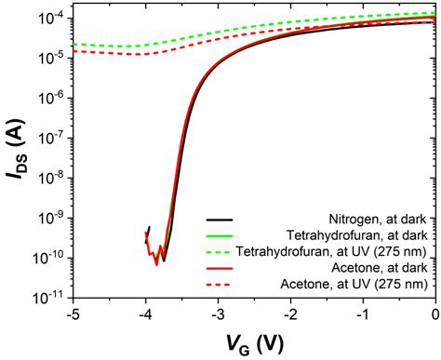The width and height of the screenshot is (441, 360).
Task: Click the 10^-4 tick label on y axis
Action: (x=51, y=17)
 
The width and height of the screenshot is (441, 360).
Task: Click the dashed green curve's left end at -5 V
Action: (x=73, y=44)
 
